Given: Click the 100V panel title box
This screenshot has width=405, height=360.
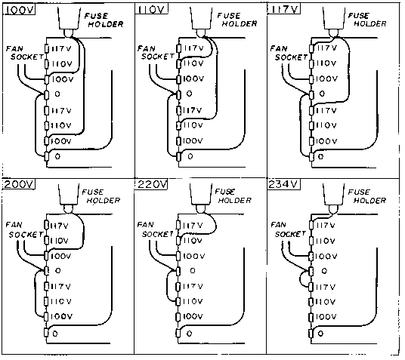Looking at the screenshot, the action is [19, 10].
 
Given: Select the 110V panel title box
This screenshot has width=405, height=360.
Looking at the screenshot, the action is [151, 10].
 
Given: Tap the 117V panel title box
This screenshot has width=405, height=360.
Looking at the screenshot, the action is [283, 9].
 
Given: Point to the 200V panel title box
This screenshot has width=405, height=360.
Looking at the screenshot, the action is [19, 184].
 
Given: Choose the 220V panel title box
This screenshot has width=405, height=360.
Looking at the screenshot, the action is [151, 184].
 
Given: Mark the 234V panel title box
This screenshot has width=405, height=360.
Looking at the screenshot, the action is [283, 184].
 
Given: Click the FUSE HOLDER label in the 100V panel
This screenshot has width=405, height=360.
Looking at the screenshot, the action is [104, 20].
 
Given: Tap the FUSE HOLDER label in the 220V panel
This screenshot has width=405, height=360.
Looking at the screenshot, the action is [233, 196].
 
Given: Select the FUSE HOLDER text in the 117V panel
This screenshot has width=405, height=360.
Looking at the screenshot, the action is [367, 20].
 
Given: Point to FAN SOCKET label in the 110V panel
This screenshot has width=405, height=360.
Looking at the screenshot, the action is [156, 53].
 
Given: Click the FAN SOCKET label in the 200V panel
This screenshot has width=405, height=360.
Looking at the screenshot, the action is [24, 230].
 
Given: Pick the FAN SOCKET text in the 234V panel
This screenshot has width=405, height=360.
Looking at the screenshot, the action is [288, 229].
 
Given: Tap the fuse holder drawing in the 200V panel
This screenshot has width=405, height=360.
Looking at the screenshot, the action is [69, 198].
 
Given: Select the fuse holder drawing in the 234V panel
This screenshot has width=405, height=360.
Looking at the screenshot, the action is [334, 198].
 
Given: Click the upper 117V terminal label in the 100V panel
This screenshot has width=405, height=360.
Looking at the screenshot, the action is [61, 49].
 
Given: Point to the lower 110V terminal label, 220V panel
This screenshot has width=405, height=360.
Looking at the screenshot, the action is [193, 301].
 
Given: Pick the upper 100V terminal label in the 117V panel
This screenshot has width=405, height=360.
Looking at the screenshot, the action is [326, 78].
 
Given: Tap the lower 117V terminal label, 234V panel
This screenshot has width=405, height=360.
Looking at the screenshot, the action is [326, 287].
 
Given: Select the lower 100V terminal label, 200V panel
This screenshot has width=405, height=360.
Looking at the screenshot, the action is [61, 316].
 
